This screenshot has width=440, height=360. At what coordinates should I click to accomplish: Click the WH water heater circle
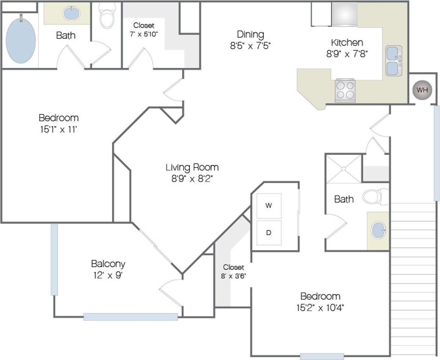[x=422, y=90]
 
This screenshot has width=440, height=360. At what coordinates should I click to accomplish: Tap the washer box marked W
[x=269, y=206]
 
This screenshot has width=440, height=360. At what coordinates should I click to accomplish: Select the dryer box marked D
[x=269, y=233]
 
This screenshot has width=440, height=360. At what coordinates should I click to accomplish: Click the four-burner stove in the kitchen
[x=345, y=90]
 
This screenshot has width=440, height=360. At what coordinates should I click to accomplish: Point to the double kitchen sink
[x=393, y=61]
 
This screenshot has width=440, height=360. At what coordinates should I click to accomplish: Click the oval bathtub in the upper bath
[x=21, y=39]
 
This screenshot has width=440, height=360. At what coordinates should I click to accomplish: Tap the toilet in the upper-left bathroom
[x=107, y=16]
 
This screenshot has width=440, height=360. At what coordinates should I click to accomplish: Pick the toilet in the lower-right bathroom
[x=375, y=197]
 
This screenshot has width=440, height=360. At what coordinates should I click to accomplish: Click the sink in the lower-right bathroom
[x=378, y=230]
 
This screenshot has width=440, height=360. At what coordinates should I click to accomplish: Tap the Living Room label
[x=192, y=167]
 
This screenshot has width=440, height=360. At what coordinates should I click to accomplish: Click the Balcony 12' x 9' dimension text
[x=108, y=275]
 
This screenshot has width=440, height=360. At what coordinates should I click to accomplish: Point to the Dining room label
[x=250, y=34]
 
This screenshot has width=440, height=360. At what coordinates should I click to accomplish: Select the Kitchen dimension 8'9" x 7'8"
[x=347, y=54]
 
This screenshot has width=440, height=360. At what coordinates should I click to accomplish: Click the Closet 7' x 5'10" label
[x=144, y=30]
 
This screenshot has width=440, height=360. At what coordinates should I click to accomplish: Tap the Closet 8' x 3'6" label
[x=233, y=271]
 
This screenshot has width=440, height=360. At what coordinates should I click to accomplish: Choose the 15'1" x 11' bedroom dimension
[x=59, y=129]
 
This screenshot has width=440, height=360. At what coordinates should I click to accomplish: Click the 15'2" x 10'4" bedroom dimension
[x=320, y=308]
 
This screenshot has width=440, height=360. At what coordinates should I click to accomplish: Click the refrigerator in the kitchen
[x=345, y=14]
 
